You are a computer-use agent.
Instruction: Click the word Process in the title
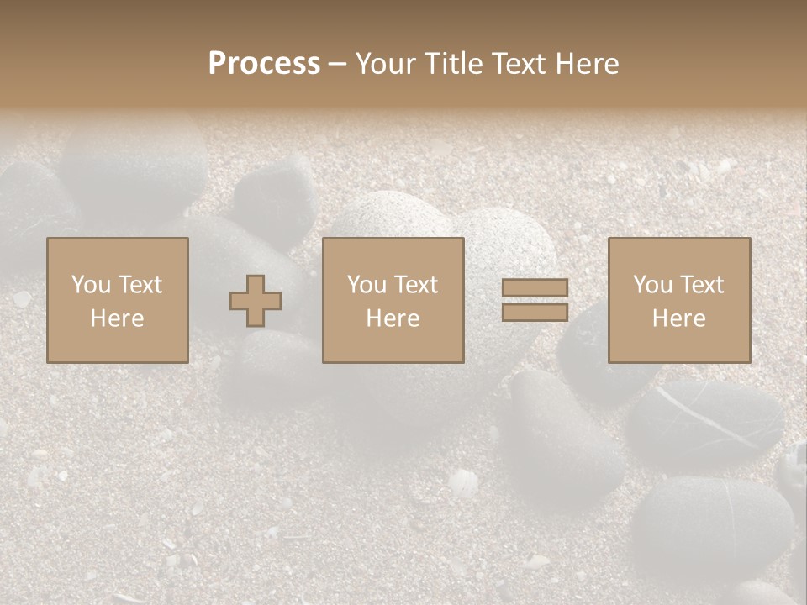pos(264,63)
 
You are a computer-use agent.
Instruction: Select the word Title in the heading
pos(454,63)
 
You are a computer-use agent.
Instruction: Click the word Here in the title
pos(588,63)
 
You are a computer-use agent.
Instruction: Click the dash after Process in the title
pos(337,65)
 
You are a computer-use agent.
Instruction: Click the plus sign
pos(256,301)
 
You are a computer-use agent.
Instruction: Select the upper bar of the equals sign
pos(535,288)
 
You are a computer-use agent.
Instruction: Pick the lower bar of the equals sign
pos(535,313)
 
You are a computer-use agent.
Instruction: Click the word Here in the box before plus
pos(118,318)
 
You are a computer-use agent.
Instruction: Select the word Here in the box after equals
pos(679,318)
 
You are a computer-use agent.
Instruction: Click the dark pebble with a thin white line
pos(706,420)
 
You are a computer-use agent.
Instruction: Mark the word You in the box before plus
pos(91,285)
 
